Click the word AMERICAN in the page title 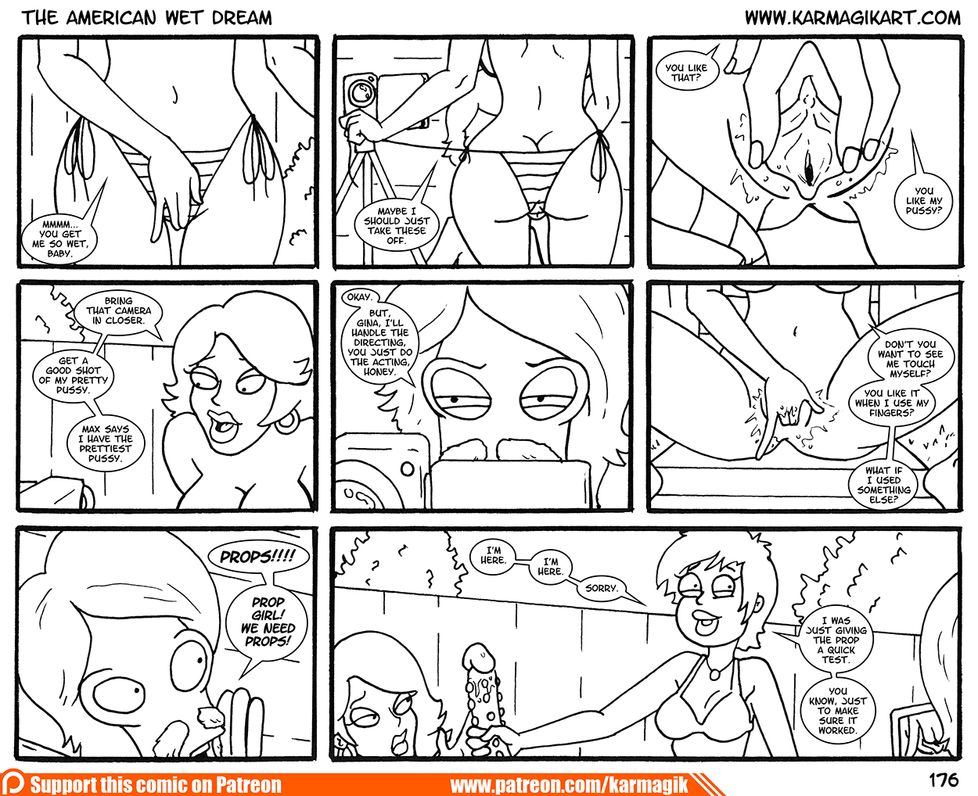[x=112, y=18]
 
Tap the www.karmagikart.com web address [x=852, y=18]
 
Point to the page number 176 [x=944, y=780]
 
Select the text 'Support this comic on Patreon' [x=156, y=784]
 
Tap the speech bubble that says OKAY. [x=358, y=297]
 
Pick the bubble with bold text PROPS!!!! [x=258, y=557]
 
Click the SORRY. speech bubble [x=602, y=588]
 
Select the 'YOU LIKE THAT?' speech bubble [x=686, y=72]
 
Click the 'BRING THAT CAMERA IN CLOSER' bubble [x=118, y=310]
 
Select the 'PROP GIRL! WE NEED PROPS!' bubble [x=268, y=621]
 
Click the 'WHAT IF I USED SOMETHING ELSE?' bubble [x=884, y=484]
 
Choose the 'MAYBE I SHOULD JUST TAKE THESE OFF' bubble [x=397, y=225]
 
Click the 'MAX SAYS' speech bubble [x=105, y=443]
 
